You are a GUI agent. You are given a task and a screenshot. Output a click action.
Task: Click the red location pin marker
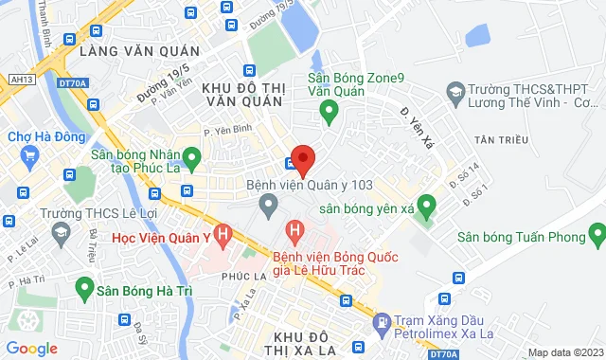303,158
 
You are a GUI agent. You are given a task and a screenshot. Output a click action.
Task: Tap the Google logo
31,349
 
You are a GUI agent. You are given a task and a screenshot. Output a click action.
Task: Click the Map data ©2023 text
563,352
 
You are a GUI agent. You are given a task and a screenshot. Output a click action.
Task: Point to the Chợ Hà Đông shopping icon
30,155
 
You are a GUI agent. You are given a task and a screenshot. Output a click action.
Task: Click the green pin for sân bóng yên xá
426,204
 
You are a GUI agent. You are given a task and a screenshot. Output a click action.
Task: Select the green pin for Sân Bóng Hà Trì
84,284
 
